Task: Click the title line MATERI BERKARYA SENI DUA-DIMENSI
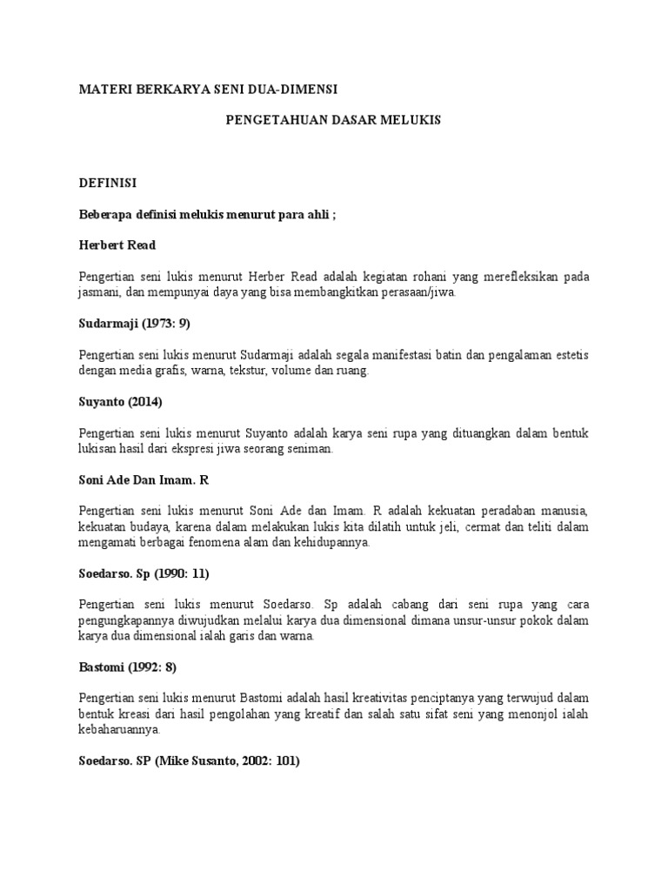tap(208, 90)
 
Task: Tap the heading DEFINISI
tap(108, 184)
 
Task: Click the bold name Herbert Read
tap(117, 245)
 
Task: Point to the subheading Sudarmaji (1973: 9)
tap(134, 323)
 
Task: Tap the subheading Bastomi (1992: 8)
tap(128, 667)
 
